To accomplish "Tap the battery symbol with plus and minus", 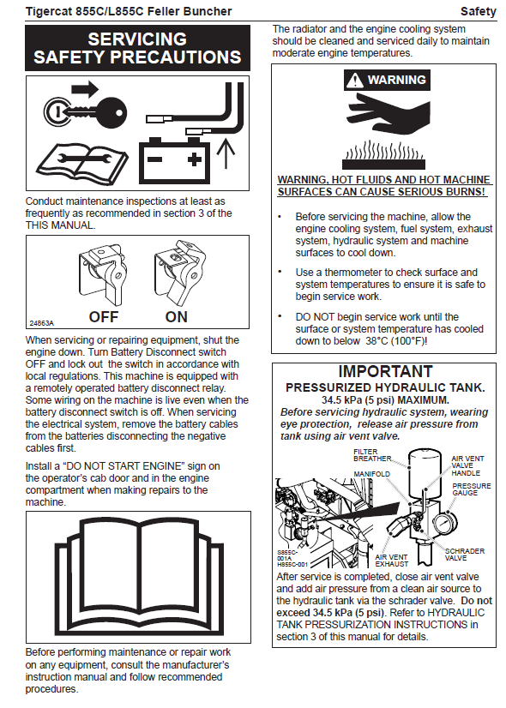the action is pos(174,159).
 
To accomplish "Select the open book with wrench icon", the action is pos(81,164).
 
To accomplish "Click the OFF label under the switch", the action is pos(104,317).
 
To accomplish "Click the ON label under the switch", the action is pos(176,317).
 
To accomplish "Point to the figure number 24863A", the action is pos(41,323).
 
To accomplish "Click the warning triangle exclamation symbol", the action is pos(355,81).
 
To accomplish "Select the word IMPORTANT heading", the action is pos(385,372).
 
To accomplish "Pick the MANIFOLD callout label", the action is pos(371,474).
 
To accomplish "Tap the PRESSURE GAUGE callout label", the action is pos(471,489).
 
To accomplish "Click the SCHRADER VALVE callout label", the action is pos(465,555).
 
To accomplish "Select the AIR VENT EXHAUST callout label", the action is pos(391,561).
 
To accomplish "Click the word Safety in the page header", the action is pos(479,11).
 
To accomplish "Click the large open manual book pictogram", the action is pos(138,577).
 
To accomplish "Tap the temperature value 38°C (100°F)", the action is pos(395,341).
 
